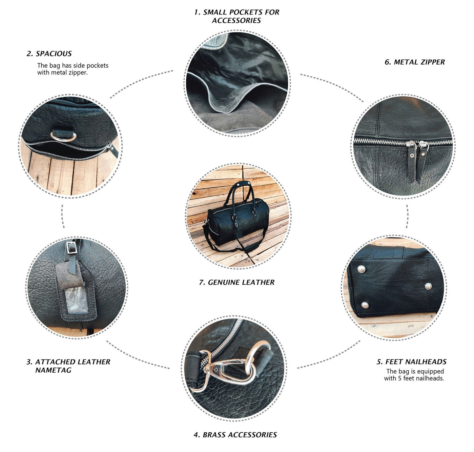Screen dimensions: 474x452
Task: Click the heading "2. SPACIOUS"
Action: pos(49,53)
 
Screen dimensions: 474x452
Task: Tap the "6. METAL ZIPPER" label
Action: pos(414,62)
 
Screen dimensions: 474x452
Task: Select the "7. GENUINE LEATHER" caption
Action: pos(237,282)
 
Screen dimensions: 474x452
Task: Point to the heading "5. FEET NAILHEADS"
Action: pos(412,361)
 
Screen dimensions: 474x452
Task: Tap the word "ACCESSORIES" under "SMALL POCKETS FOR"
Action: pos(236,20)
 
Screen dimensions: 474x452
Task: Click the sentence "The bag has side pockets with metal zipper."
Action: pos(72,69)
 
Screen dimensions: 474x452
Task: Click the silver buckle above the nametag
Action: pos(72,247)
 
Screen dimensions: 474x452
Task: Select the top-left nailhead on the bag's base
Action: pos(361,269)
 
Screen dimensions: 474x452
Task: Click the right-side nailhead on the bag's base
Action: pos(428,286)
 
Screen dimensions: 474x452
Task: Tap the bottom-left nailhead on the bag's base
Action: pos(365,305)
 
